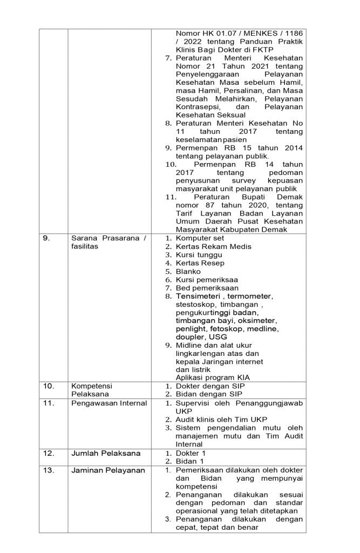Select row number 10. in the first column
click(48, 386)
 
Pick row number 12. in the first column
click(48, 453)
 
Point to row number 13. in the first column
click(48, 470)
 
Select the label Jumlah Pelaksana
click(100, 453)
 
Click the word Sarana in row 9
click(84, 238)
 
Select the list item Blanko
click(188, 271)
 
